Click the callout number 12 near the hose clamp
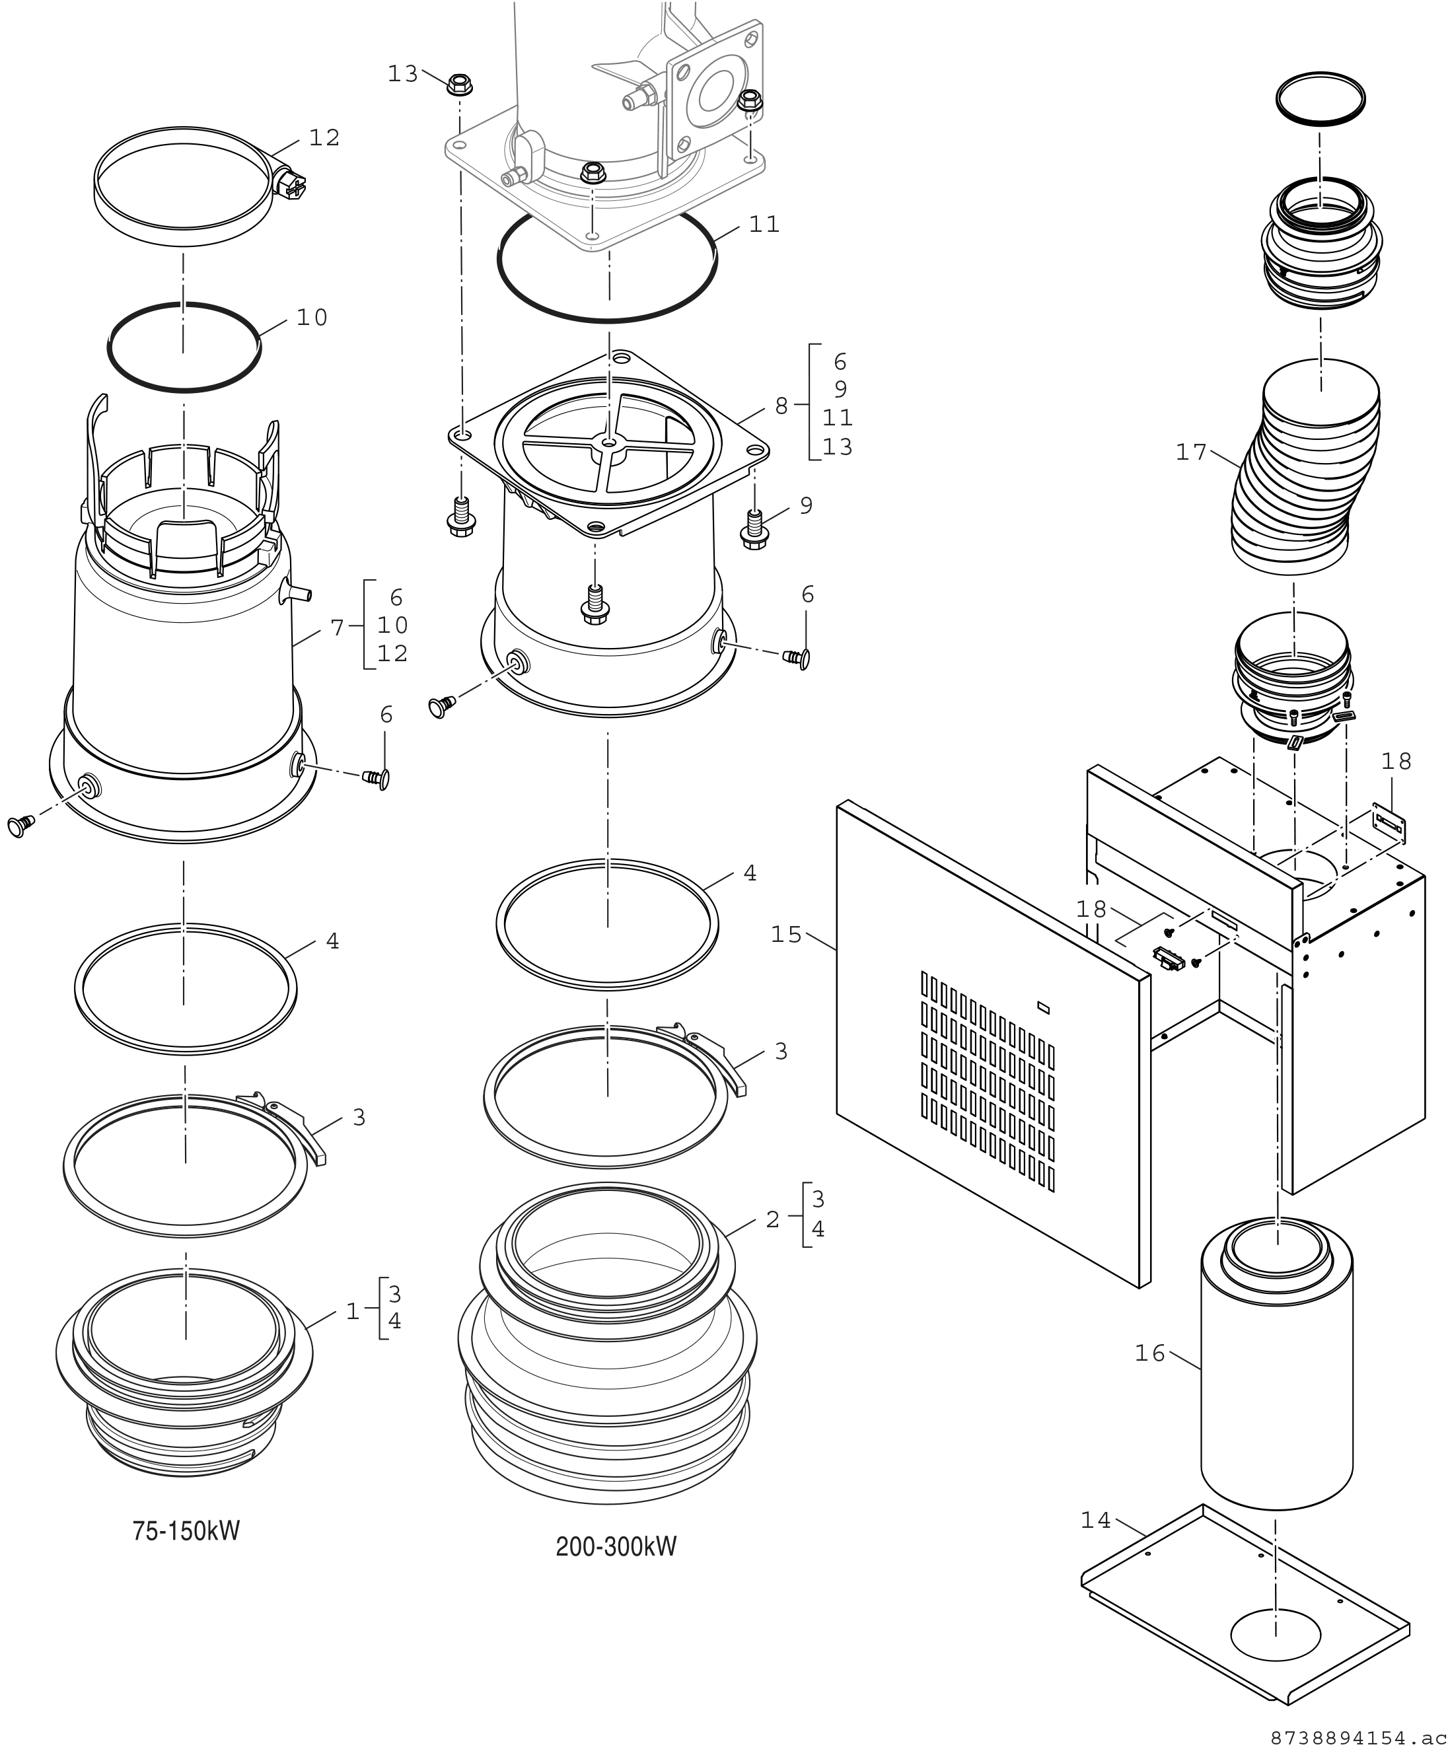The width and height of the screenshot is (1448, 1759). point(324,137)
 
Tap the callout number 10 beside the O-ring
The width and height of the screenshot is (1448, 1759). point(312,318)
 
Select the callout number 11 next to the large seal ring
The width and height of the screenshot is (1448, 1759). point(764,225)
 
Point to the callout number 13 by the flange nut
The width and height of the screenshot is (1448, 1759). point(403,74)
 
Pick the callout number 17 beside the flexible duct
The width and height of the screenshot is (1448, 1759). point(1191,452)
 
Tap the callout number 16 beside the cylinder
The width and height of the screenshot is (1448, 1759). point(1149,1353)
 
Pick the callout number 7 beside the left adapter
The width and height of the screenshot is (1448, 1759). point(337,628)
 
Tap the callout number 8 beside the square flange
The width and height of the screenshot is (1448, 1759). point(781,406)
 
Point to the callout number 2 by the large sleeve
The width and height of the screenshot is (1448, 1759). point(772,1219)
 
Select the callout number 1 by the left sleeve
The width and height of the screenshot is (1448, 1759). point(353,1311)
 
